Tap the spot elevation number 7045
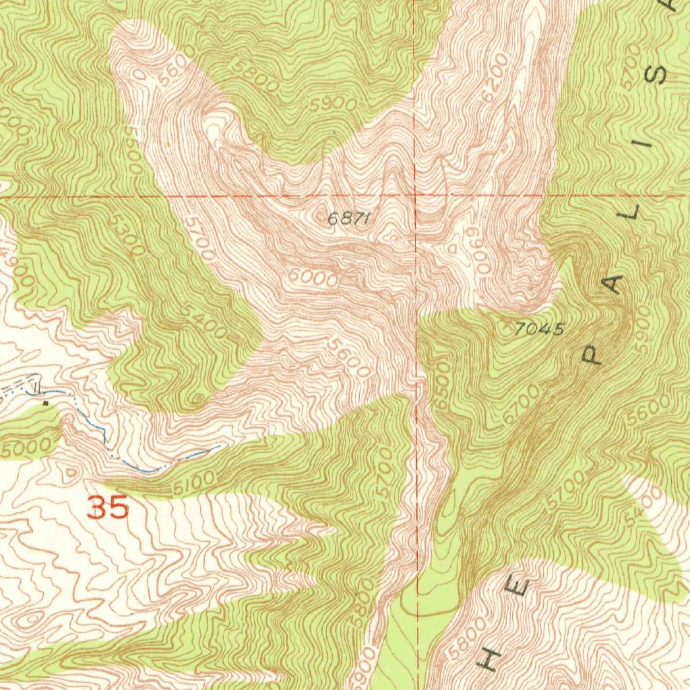[x=538, y=329]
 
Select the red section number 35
[x=108, y=507]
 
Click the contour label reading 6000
[x=312, y=278]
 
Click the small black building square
[x=45, y=403]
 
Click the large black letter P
[x=592, y=354]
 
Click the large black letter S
[x=658, y=73]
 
